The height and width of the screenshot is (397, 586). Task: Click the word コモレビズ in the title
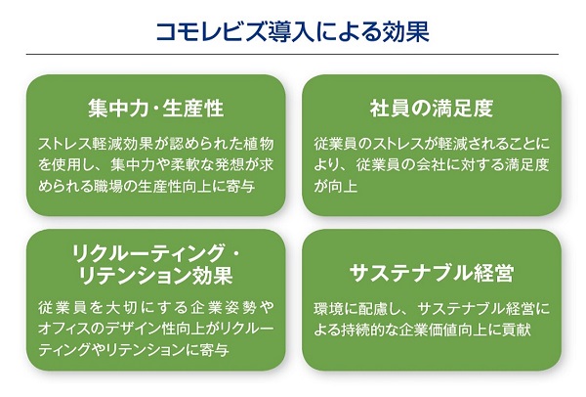point(212,32)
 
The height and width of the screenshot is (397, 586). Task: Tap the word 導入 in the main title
point(291,32)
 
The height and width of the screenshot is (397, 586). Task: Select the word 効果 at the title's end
point(406,32)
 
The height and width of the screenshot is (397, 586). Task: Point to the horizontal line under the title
point(292,54)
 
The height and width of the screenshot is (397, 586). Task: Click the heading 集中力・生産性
point(156,109)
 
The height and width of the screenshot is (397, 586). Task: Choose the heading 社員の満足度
point(432,109)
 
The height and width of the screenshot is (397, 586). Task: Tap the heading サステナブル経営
point(432,273)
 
